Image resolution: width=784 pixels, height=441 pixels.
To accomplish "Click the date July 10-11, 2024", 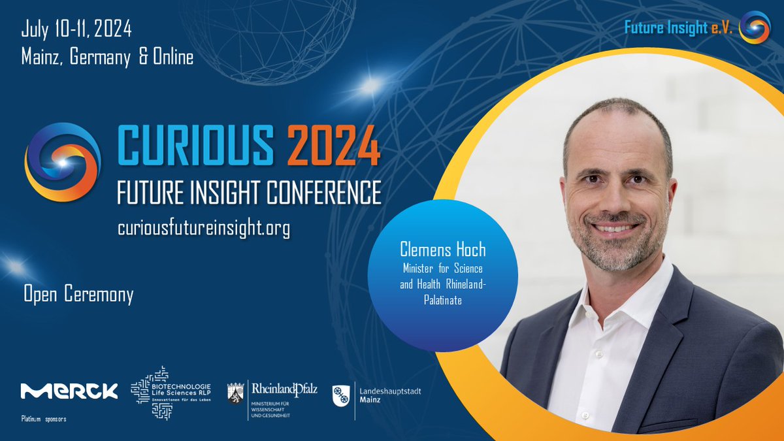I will pyautogui.click(x=76, y=29).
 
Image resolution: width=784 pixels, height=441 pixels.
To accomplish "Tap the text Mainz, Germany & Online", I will pyautogui.click(x=107, y=57).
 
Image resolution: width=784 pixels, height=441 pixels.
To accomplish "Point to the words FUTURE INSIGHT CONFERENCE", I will pyautogui.click(x=248, y=192).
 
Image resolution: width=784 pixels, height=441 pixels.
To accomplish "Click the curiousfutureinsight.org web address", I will pyautogui.click(x=203, y=228).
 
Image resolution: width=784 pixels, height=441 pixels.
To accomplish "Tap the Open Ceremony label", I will pyautogui.click(x=78, y=295).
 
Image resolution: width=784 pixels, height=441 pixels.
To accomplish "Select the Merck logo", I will pyautogui.click(x=69, y=391).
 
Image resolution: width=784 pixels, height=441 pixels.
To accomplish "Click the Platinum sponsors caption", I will pyautogui.click(x=44, y=418).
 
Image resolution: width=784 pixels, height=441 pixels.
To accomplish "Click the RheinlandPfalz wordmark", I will pyautogui.click(x=284, y=389).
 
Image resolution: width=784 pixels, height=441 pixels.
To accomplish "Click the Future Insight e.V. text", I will pyautogui.click(x=679, y=27).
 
